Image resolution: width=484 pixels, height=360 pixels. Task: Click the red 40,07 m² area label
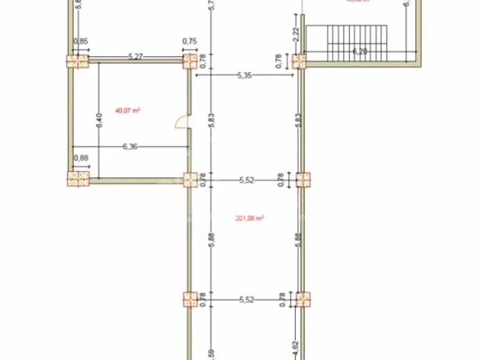pyautogui.click(x=127, y=111)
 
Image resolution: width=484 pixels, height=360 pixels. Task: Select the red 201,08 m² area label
pyautogui.click(x=251, y=218)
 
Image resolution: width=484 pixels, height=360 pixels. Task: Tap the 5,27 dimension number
pyautogui.click(x=136, y=56)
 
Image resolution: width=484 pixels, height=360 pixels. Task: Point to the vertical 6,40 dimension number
pyautogui.click(x=99, y=121)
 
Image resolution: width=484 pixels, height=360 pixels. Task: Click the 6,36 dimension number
pyautogui.click(x=130, y=146)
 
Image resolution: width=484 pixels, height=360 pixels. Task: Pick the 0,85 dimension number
pyautogui.click(x=81, y=42)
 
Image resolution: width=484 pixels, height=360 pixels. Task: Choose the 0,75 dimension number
pyautogui.click(x=189, y=42)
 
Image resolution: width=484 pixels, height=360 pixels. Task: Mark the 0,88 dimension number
pyautogui.click(x=81, y=158)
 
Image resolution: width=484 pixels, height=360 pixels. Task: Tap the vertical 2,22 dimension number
pyautogui.click(x=296, y=34)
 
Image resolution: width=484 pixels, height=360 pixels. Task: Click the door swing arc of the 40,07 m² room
pyautogui.click(x=183, y=122)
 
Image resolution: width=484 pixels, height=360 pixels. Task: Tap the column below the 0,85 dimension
pyautogui.click(x=78, y=61)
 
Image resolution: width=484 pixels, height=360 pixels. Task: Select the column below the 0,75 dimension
pyautogui.click(x=190, y=61)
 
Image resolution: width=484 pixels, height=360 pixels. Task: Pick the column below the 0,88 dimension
pyautogui.click(x=78, y=179)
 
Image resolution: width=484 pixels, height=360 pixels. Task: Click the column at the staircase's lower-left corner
pyautogui.click(x=300, y=61)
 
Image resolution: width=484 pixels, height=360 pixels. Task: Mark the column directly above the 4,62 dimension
pyautogui.click(x=303, y=299)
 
